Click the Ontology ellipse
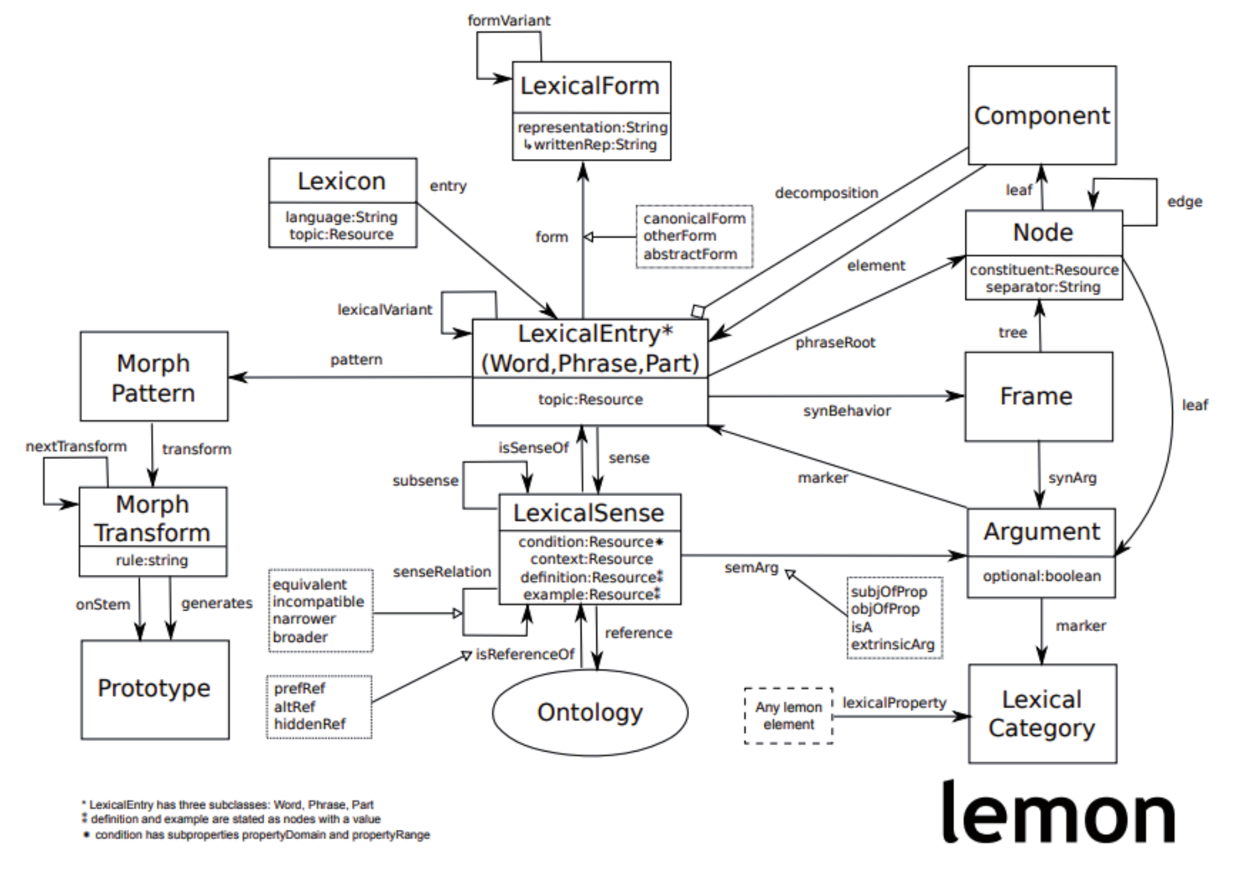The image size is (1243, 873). tap(590, 713)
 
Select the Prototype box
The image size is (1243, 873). tap(154, 688)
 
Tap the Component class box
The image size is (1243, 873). tap(1041, 116)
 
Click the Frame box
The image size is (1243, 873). tap(1038, 396)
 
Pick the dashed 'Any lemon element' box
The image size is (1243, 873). tap(788, 716)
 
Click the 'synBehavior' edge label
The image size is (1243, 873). tap(846, 411)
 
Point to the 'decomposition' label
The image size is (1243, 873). tap(826, 193)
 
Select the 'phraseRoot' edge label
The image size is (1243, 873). tap(835, 343)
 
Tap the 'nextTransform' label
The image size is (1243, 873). tap(76, 447)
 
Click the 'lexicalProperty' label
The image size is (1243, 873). tap(893, 703)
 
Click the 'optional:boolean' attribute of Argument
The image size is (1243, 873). tap(1041, 576)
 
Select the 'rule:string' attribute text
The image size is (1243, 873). tap(152, 560)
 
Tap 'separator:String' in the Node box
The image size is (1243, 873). tap(1043, 287)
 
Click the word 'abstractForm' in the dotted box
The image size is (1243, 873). tap(690, 254)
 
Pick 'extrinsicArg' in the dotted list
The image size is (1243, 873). tap(892, 644)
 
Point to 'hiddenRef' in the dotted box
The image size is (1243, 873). tap(309, 724)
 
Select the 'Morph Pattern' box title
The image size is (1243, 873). tap(153, 378)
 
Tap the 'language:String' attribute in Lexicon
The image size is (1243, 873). tap(341, 217)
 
